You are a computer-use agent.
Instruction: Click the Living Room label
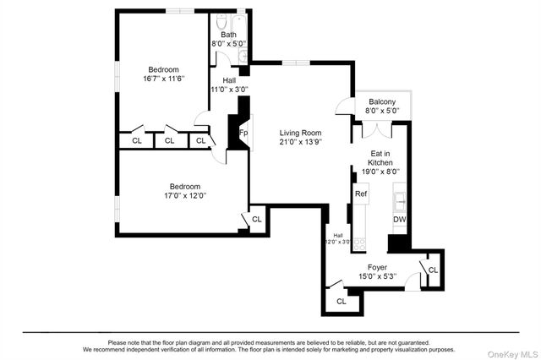pyautogui.click(x=301, y=138)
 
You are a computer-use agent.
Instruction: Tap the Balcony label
pyautogui.click(x=381, y=106)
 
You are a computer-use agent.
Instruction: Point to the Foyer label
pyautogui.click(x=377, y=271)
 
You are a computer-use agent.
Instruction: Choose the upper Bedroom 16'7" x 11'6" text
pyautogui.click(x=164, y=74)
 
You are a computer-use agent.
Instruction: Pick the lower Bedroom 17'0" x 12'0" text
pyautogui.click(x=184, y=191)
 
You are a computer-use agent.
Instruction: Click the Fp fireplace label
pyautogui.click(x=243, y=134)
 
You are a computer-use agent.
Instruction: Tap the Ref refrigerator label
pyautogui.click(x=361, y=194)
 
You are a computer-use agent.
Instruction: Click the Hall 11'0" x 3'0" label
pyautogui.click(x=228, y=85)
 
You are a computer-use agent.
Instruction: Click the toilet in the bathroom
pyautogui.click(x=221, y=23)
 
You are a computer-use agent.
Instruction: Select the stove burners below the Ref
pyautogui.click(x=359, y=242)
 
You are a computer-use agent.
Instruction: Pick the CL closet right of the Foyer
pyautogui.click(x=433, y=270)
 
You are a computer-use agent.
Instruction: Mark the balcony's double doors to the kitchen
pyautogui.click(x=376, y=130)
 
